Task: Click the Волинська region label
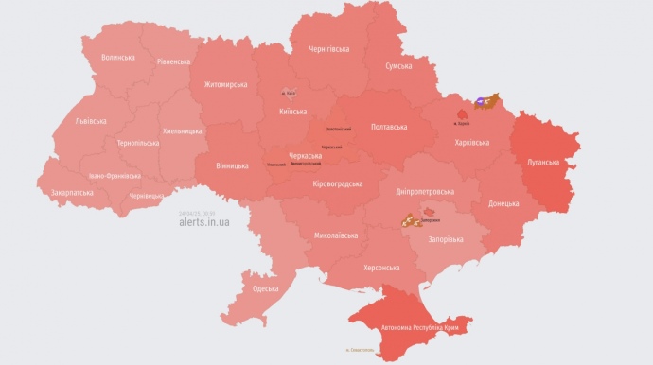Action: [117, 58]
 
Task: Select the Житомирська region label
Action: [225, 84]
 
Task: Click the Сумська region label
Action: [398, 66]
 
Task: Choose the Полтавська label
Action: [389, 126]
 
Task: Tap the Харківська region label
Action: [472, 142]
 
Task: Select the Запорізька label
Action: [446, 239]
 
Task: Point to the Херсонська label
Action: [381, 268]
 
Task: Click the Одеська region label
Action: [266, 288]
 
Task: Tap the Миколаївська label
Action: [335, 235]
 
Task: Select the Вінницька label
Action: [232, 165]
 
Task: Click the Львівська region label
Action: [91, 121]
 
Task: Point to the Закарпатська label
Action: [73, 192]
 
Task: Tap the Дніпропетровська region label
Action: [427, 191]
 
